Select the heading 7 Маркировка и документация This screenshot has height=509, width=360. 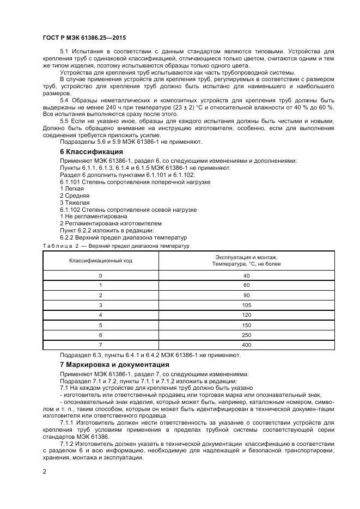point(114,364)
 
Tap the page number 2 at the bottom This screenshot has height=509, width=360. point(45,471)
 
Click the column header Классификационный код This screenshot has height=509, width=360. point(100,261)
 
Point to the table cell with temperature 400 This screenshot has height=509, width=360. point(246,345)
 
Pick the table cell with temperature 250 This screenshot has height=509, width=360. point(246,335)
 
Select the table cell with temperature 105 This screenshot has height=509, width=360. point(246,305)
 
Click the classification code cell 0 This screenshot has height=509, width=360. point(100,275)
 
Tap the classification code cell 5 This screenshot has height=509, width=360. point(100,325)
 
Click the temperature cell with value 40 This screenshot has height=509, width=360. point(246,275)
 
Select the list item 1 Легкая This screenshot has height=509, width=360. point(72,188)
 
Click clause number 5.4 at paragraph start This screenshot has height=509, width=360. point(66,101)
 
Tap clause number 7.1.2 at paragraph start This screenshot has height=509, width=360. point(68,444)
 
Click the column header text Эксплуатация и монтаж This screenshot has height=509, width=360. point(246,257)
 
